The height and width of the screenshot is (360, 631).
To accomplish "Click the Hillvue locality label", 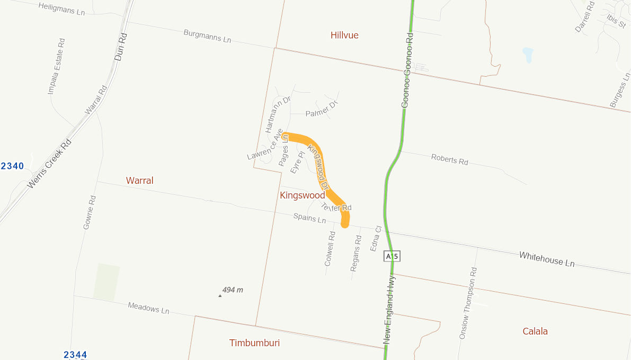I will (344, 35).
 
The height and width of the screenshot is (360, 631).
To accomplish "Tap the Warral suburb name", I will (139, 181).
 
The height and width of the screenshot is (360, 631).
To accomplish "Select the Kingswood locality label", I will (302, 195).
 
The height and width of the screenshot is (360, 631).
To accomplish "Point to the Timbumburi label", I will (254, 343).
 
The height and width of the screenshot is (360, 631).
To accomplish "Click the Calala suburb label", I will (535, 331).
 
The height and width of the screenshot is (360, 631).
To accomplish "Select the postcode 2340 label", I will (12, 166).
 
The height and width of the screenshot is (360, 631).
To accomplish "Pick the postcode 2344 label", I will (75, 355).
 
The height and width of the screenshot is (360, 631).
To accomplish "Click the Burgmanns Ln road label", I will (208, 36).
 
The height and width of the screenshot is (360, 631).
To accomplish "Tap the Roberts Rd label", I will (450, 159).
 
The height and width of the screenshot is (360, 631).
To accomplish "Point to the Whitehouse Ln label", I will (547, 259).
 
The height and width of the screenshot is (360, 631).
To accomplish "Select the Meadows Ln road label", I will (148, 308).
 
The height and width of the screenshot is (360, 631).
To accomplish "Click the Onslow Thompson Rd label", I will (468, 303).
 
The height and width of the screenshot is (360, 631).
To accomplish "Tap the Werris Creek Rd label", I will (49, 164).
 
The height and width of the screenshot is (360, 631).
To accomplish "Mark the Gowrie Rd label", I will (90, 212).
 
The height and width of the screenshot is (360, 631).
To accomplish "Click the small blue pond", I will (528, 55).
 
